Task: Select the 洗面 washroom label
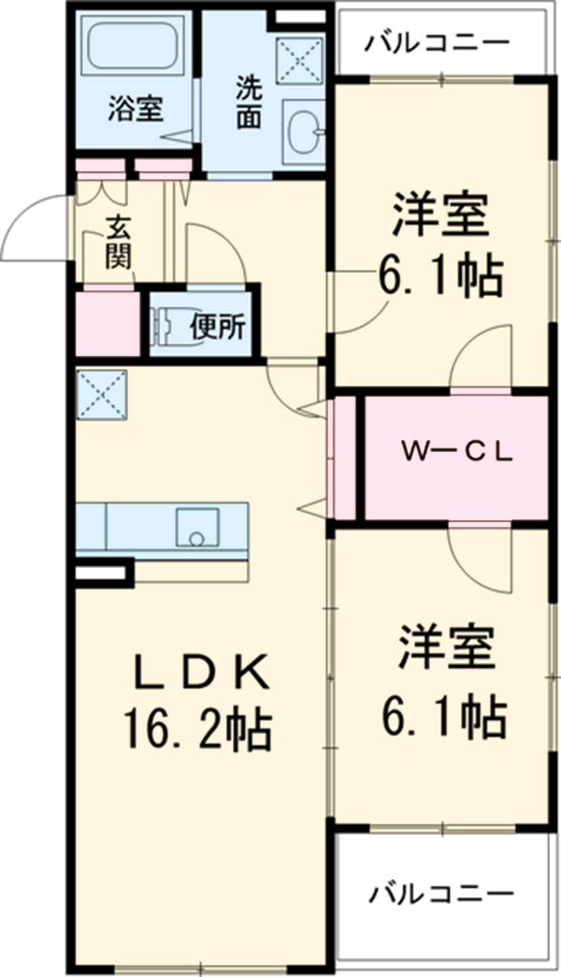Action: pyautogui.click(x=248, y=101)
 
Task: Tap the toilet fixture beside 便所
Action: pyautogui.click(x=169, y=327)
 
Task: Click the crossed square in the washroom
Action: pyautogui.click(x=298, y=59)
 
